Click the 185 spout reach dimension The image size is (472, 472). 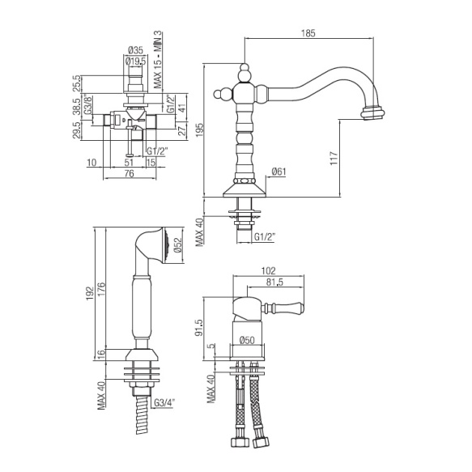pos(308,33)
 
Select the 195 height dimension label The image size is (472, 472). pos(200,130)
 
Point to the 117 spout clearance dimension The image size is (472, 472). pos(334,158)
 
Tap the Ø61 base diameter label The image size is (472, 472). pos(279,172)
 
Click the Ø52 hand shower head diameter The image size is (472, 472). pos(178,245)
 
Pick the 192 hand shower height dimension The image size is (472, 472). pos(90,294)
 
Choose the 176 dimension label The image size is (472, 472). pos(101,289)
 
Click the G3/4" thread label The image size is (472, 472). pos(164,402)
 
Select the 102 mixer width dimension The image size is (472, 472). pos(269,271)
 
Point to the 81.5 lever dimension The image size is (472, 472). pos(274,283)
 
